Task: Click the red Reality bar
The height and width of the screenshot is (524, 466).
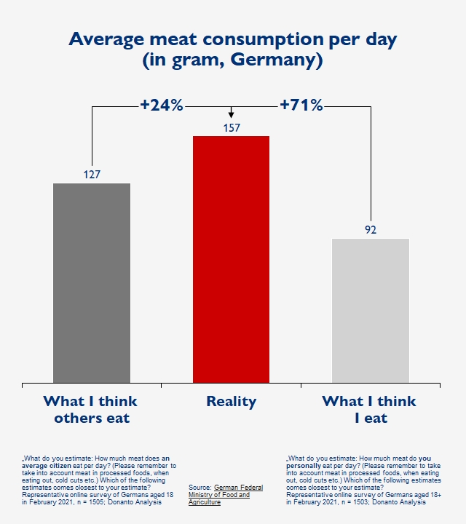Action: click(231, 258)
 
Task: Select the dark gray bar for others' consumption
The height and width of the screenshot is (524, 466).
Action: click(92, 282)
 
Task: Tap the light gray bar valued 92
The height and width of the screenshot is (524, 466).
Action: click(370, 310)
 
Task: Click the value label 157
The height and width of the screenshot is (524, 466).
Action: click(231, 128)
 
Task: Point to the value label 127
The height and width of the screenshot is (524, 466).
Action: click(92, 175)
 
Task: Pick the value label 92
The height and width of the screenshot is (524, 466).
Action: click(370, 230)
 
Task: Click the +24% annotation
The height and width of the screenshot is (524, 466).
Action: click(161, 106)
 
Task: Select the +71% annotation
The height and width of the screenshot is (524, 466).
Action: click(301, 106)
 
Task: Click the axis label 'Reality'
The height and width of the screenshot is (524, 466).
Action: click(231, 401)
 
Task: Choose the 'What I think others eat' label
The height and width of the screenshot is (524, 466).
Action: click(91, 409)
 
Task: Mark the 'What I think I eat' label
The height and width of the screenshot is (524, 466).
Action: click(369, 409)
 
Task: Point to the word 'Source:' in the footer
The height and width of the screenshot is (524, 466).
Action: click(200, 488)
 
